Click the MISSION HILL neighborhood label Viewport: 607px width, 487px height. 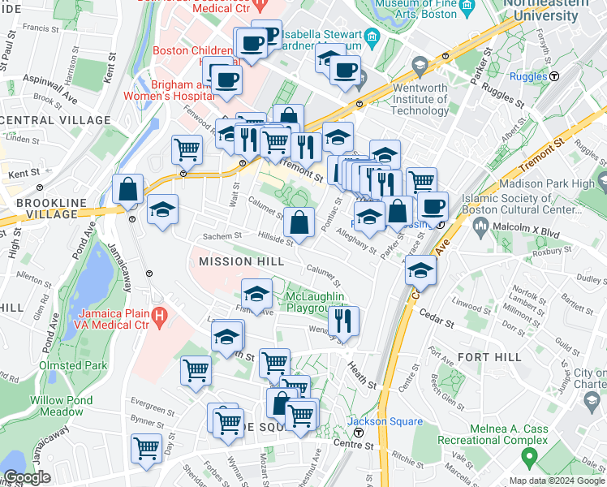click(x=242, y=261)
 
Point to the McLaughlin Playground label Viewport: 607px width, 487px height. click(x=315, y=303)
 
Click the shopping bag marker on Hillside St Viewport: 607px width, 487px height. click(x=299, y=222)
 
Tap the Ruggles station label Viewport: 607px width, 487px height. click(x=530, y=76)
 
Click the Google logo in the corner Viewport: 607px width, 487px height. click(x=27, y=478)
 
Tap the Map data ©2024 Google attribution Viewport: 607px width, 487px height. click(x=556, y=481)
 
